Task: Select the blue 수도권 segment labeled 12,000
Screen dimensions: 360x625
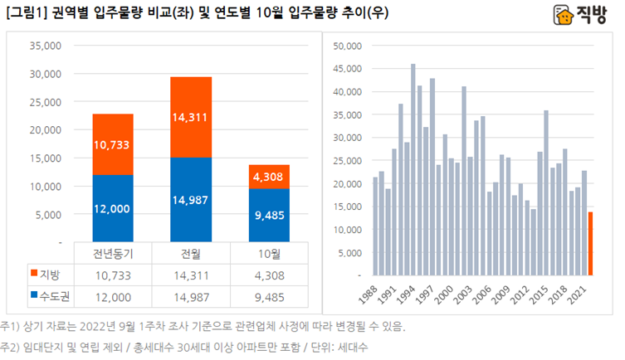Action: pos(108,207)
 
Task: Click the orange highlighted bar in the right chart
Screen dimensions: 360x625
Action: pos(590,243)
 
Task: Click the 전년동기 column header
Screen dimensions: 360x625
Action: pos(108,253)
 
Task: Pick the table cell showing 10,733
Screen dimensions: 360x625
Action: pos(108,273)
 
